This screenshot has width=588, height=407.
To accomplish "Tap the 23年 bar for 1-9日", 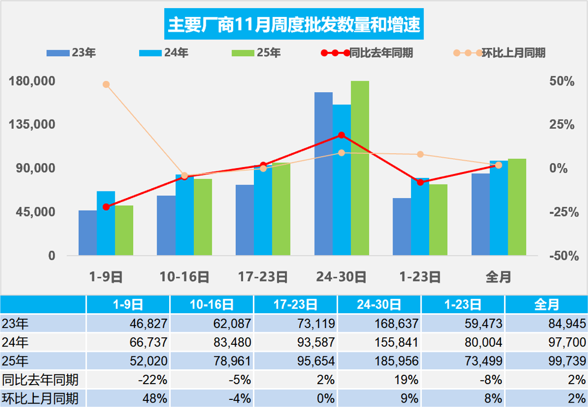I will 87,233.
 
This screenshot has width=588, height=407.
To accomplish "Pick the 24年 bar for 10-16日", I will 185,215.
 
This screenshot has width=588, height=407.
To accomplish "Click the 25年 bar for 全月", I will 517,207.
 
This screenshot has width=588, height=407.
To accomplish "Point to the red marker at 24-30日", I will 341,135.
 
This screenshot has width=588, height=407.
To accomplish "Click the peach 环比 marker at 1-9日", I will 106,85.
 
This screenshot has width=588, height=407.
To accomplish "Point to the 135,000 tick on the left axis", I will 33,124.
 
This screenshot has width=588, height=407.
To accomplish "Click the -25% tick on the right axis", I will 562,212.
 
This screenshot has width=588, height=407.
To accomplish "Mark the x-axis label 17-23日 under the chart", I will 263,277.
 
